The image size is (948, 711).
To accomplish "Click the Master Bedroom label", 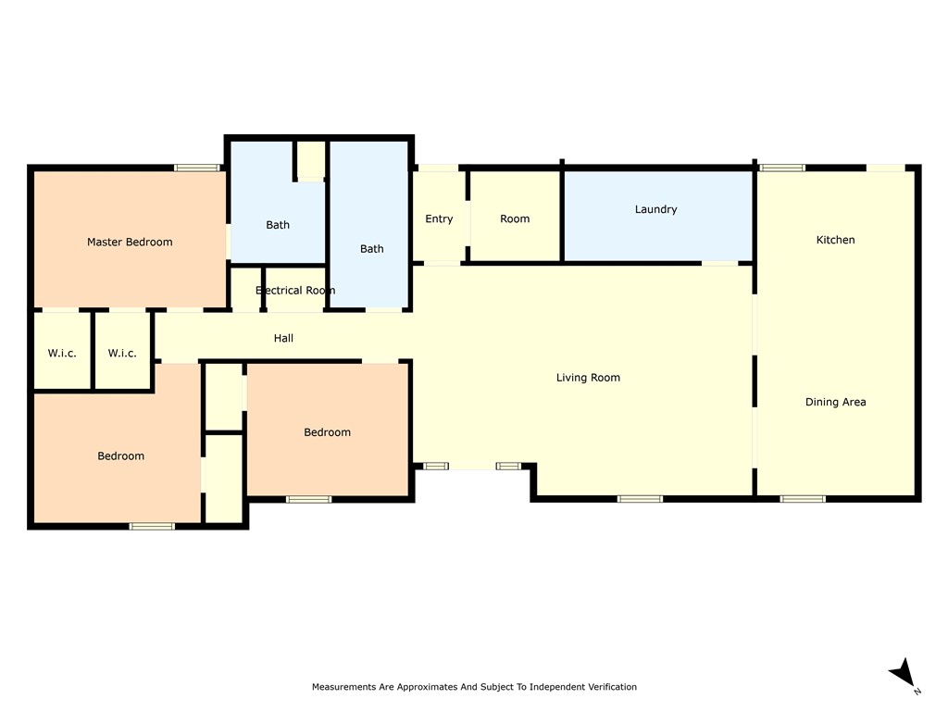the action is [130, 242].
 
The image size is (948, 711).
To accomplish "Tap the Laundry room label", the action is [655, 210].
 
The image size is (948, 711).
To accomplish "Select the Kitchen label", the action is [835, 240].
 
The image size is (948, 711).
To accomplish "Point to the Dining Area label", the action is [835, 402].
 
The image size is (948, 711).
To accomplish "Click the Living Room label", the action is [588, 378].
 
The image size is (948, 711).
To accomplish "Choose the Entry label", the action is [438, 218].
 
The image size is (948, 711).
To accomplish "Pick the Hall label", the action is [283, 338].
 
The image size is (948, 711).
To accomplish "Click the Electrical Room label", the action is [295, 290].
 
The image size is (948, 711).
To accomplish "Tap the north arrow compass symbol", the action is [904, 674].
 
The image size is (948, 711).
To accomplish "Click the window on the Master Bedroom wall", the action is [197, 168].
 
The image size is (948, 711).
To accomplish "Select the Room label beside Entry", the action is [515, 218].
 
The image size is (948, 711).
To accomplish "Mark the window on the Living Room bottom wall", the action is [640, 499].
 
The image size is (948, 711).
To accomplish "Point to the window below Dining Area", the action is [803, 499].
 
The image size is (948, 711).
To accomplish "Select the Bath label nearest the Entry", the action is [371, 249].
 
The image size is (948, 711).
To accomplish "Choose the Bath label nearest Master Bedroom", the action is [278, 225].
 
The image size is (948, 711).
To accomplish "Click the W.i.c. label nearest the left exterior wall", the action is [62, 353].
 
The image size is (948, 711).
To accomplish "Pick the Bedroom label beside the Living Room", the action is [327, 432].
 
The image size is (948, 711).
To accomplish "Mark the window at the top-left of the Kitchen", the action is [782, 168].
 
